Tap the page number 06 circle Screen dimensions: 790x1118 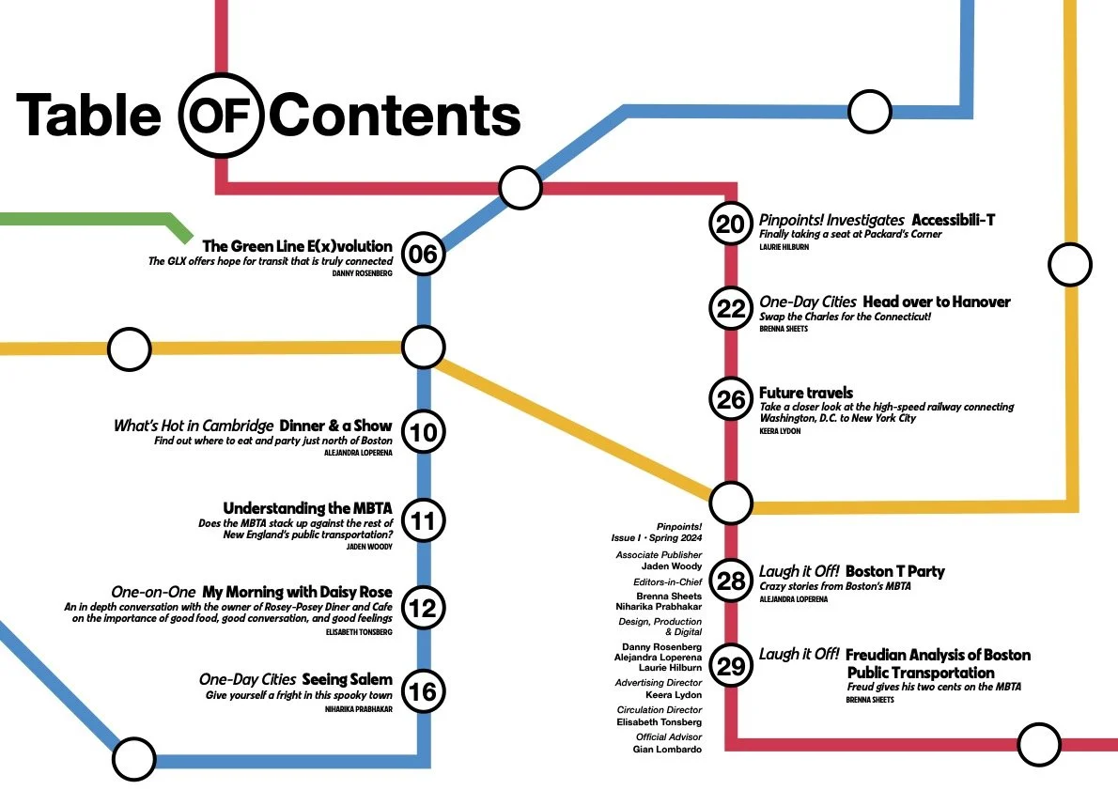click(x=423, y=254)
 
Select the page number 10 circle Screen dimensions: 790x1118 click(x=423, y=433)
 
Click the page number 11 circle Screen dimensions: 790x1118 click(x=423, y=521)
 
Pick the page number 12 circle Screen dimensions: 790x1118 click(x=423, y=608)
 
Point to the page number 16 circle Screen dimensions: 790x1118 click(x=423, y=692)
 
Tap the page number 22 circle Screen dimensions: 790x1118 click(x=730, y=309)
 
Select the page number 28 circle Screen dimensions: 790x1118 click(x=730, y=581)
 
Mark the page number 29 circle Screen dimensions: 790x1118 click(x=730, y=665)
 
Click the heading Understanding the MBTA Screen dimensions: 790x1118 click(x=307, y=508)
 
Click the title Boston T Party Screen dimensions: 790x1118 click(x=894, y=571)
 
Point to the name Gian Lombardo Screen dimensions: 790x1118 click(x=667, y=750)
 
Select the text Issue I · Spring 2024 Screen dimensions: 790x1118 click(x=656, y=537)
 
